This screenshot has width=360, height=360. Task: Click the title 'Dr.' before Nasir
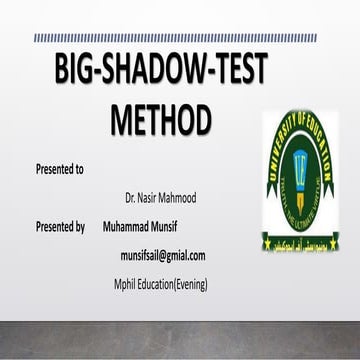[132, 197]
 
